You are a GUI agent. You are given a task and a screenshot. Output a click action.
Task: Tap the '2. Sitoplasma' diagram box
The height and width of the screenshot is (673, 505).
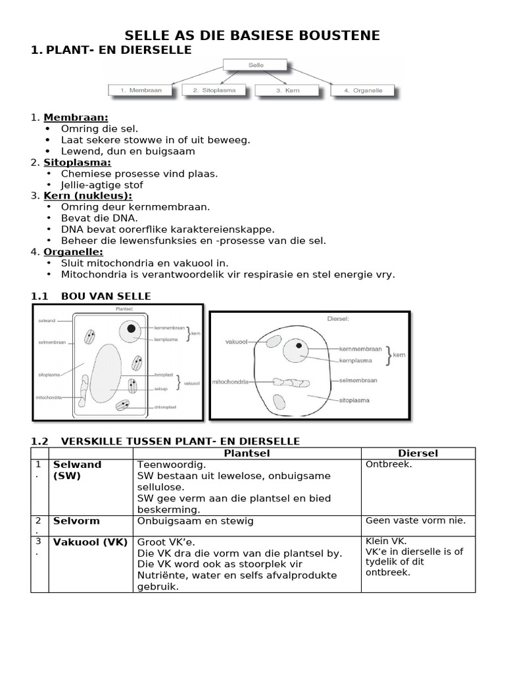click(214, 90)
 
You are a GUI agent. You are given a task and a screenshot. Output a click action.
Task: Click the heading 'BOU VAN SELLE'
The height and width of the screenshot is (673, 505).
click(106, 296)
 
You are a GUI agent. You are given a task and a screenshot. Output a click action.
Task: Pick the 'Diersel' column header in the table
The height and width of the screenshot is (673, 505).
click(418, 453)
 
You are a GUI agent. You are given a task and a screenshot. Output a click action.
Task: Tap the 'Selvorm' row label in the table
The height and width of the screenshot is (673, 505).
click(76, 521)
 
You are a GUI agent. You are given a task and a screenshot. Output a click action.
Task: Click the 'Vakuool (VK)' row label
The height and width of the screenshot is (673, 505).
click(90, 542)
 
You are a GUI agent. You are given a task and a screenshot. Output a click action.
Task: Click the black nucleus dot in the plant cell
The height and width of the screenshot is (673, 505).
click(132, 329)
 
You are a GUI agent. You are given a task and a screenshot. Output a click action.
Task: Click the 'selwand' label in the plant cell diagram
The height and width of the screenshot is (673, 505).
click(47, 321)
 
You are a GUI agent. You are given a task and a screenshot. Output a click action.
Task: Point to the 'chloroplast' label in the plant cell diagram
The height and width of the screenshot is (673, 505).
click(164, 407)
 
